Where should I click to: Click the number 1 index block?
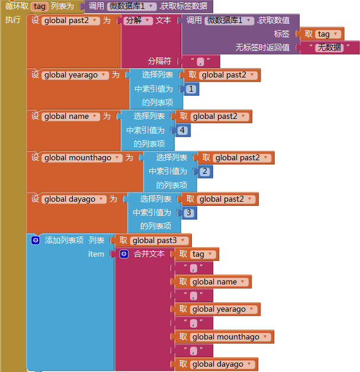point(191,89)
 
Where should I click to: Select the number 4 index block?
point(182,130)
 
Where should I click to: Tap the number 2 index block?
point(205,172)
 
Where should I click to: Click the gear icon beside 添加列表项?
point(36,241)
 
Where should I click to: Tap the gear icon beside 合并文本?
point(124,254)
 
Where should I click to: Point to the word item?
point(96,254)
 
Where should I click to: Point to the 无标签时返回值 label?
point(262,47)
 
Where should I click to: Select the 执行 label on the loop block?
point(13,20)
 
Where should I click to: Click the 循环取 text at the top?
point(17,7)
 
